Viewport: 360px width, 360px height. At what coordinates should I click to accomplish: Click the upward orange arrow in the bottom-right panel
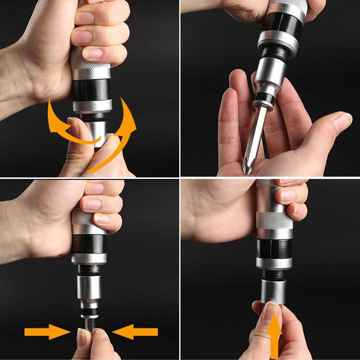(276, 336)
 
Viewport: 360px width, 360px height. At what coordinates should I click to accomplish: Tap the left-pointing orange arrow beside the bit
(135, 331)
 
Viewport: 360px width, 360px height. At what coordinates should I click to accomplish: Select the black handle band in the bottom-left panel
(89, 244)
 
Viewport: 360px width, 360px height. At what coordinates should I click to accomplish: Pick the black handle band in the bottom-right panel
(274, 248)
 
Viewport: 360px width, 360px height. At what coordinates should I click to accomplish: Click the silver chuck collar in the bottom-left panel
(89, 287)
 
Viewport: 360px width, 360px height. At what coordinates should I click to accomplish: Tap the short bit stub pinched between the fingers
(90, 324)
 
